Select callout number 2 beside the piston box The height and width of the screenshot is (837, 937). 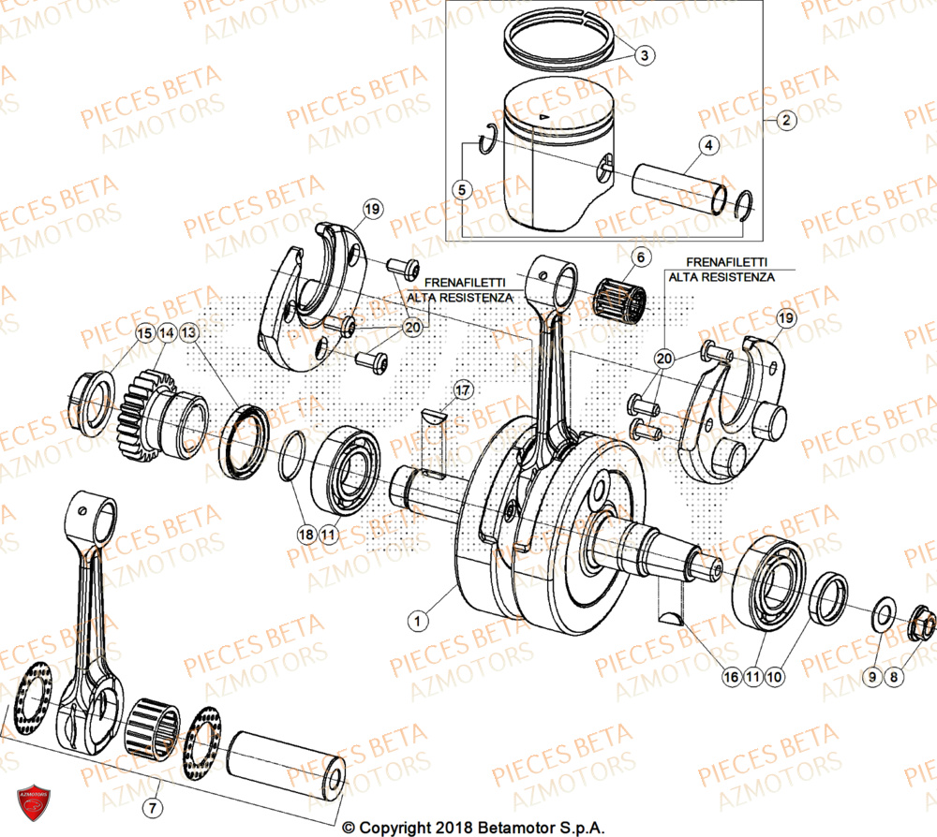tap(785, 120)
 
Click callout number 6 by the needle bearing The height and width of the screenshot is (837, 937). tap(639, 257)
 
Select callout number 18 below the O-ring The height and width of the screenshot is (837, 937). tap(305, 534)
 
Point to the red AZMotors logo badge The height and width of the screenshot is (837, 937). tap(33, 801)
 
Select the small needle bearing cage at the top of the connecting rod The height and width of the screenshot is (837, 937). tap(621, 296)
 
